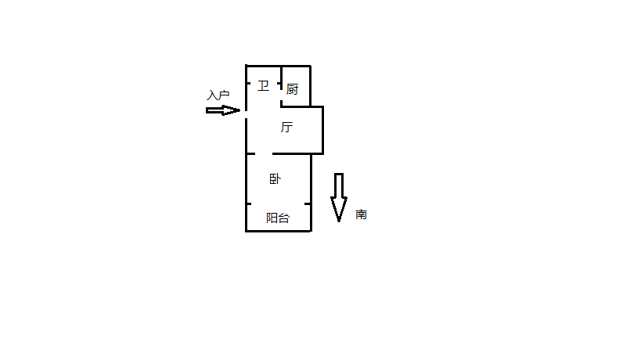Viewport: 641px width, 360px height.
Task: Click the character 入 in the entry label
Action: (x=212, y=95)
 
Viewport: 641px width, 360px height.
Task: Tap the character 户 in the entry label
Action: (x=224, y=95)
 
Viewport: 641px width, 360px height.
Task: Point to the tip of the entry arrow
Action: (x=239, y=110)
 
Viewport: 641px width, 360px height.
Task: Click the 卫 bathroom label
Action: (x=263, y=86)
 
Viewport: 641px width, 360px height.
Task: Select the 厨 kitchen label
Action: (x=292, y=89)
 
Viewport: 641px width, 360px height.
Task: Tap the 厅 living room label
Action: (x=286, y=127)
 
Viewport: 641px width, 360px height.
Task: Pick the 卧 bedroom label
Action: (x=275, y=179)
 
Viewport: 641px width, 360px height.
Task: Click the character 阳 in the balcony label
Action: (x=272, y=218)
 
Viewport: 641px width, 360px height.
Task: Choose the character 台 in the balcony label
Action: (x=283, y=218)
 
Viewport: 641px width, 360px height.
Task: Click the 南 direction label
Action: (x=361, y=214)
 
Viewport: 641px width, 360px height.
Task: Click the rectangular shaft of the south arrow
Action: (x=339, y=185)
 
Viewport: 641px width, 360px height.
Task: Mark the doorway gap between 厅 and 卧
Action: (x=264, y=153)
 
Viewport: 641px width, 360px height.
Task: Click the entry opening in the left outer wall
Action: (x=246, y=114)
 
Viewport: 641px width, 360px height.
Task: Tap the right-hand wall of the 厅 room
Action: (x=323, y=130)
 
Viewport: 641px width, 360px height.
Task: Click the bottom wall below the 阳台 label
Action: (x=279, y=232)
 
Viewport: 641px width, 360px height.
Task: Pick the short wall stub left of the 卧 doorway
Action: (x=250, y=153)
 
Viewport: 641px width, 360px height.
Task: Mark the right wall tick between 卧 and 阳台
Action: (x=308, y=203)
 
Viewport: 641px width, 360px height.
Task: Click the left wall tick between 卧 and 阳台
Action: (x=249, y=203)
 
